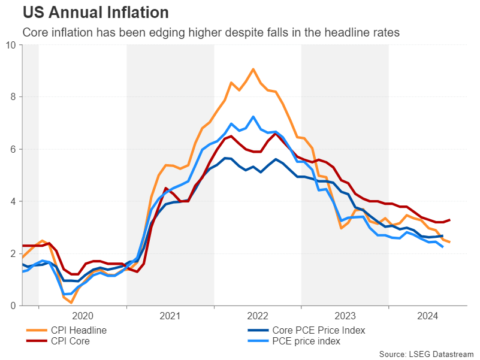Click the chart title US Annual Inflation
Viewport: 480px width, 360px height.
click(x=95, y=12)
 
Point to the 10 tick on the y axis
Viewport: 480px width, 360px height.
click(x=11, y=45)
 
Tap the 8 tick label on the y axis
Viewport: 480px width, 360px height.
click(x=13, y=97)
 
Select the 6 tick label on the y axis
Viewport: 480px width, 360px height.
click(x=13, y=149)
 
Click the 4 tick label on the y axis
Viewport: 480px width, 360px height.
click(x=13, y=201)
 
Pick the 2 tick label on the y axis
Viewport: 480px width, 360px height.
click(x=13, y=254)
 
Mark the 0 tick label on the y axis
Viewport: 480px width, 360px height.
click(x=13, y=306)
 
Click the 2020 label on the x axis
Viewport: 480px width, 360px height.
click(x=83, y=316)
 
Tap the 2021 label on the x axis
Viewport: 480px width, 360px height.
click(x=170, y=316)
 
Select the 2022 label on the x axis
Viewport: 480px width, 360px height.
click(x=258, y=316)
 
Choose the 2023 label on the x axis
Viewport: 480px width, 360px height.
click(x=345, y=316)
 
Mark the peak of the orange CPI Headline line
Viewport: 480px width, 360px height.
click(x=253, y=69)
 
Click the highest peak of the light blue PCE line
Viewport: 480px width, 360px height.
click(x=253, y=116)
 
